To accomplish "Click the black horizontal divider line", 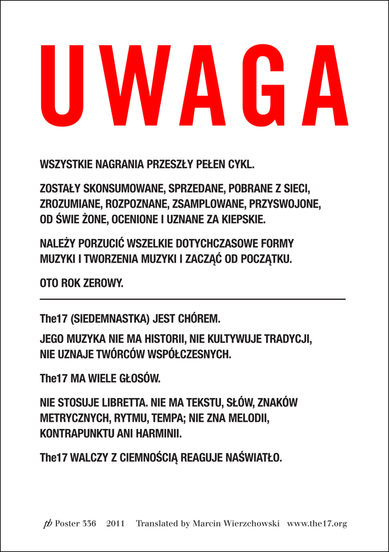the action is (193, 299).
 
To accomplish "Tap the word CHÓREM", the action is (198, 320).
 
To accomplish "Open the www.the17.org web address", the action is (317, 524).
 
